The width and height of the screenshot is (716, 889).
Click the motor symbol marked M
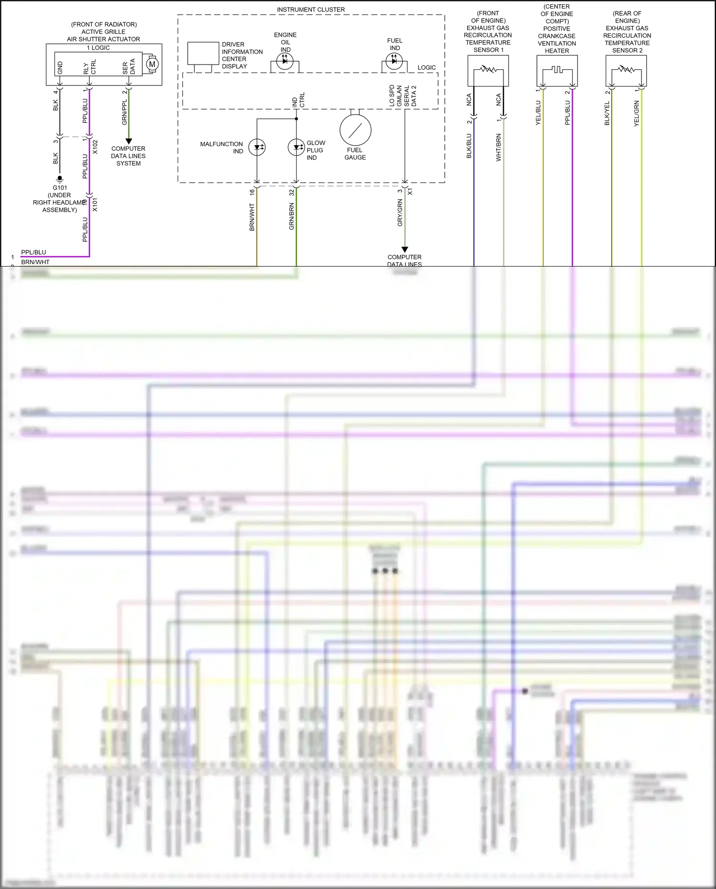tap(152, 64)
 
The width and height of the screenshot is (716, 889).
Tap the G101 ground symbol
tap(60, 179)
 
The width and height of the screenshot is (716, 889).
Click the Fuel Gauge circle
tap(355, 130)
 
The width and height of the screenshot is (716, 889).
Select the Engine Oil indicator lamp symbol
tap(285, 61)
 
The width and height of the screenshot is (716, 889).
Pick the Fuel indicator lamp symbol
tap(394, 61)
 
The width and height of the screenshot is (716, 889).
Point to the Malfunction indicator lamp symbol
tap(257, 148)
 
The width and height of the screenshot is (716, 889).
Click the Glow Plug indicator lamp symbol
tap(296, 147)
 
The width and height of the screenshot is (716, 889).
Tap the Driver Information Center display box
tap(202, 53)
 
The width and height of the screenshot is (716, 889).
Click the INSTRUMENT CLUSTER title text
tap(310, 10)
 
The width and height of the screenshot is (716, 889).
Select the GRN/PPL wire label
tap(125, 113)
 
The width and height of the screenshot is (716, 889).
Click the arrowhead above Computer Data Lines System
tap(128, 141)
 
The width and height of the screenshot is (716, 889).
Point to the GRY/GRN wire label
tap(400, 213)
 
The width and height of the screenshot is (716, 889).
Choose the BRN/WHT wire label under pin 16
tap(252, 217)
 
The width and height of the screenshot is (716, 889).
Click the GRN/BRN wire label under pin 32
tap(291, 216)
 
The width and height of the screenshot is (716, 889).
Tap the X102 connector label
tap(95, 147)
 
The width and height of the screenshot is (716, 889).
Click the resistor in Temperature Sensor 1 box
tap(488, 70)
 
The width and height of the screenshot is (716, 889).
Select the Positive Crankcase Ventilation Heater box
tap(557, 70)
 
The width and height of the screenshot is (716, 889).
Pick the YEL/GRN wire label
tap(637, 113)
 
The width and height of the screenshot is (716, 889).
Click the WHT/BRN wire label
tap(499, 148)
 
